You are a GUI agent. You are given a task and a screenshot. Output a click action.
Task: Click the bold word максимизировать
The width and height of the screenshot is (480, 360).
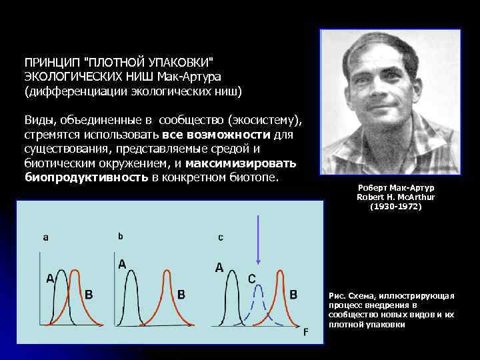pos(241,163)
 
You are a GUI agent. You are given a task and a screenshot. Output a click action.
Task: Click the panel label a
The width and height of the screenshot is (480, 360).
pos(45,237)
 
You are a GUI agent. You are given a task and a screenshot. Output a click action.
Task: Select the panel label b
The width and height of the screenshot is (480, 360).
pos(121,235)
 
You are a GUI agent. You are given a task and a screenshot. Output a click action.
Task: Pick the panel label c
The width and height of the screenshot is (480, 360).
pos(221,237)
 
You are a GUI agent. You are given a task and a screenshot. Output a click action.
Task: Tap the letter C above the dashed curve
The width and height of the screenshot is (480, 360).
pos(253,279)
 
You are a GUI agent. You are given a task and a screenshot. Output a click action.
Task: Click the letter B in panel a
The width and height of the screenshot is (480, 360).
pos(89,294)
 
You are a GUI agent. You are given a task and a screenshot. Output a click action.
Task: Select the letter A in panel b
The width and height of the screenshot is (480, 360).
pos(123,264)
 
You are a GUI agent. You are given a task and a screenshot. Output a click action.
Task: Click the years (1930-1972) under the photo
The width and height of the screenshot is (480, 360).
pos(395,207)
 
